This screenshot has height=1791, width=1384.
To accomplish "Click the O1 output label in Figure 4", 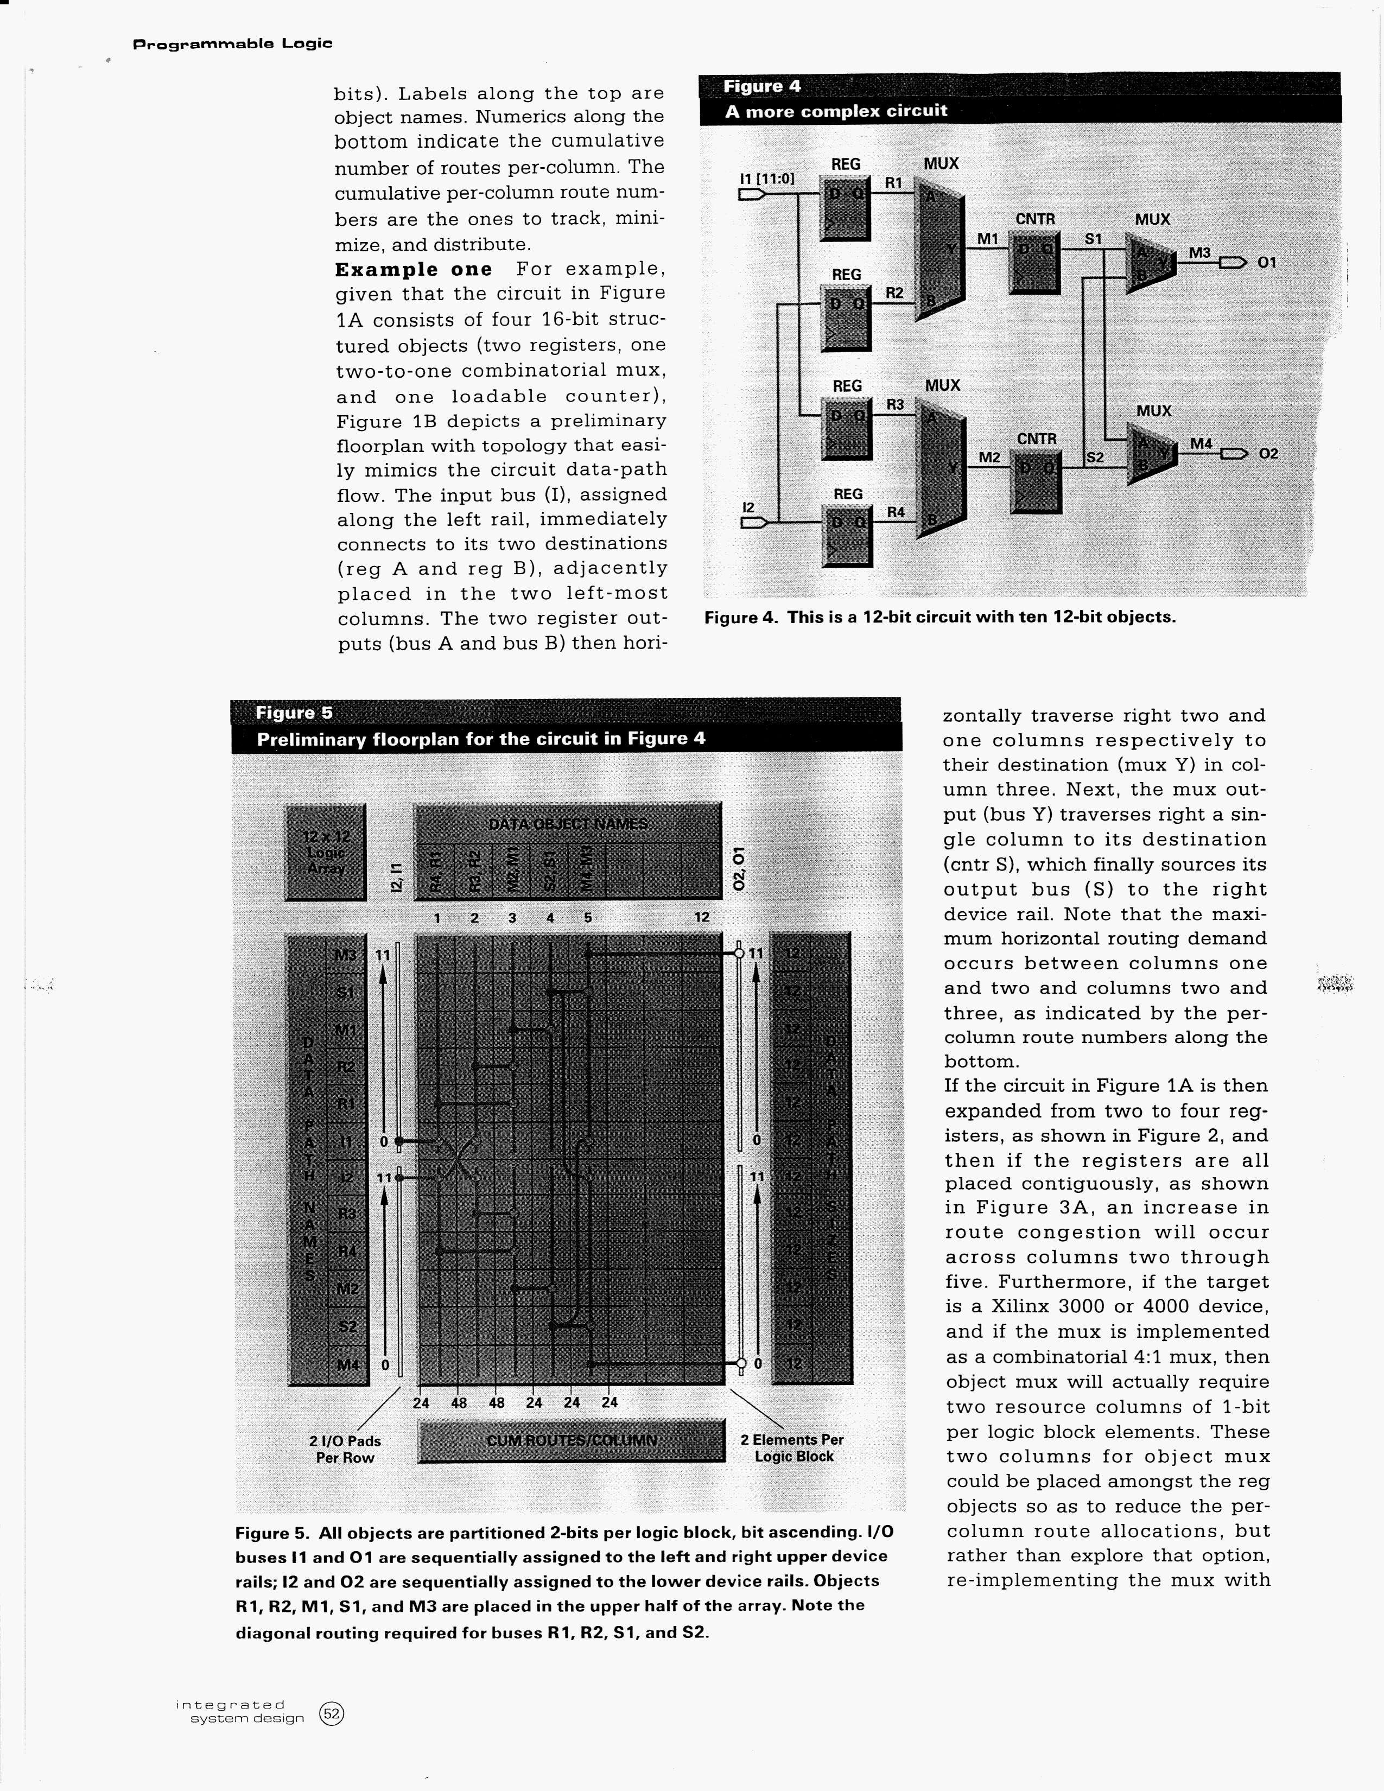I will (x=1267, y=263).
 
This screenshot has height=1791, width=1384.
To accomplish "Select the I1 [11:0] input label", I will (x=766, y=178).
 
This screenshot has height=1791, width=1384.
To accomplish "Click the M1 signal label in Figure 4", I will (x=988, y=239).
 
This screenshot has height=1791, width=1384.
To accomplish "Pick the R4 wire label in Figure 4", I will (x=896, y=512).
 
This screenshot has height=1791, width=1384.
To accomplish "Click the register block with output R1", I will (x=845, y=209).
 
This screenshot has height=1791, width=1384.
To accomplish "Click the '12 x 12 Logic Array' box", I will (x=326, y=851).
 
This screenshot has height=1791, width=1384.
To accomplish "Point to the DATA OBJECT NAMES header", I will (x=567, y=823).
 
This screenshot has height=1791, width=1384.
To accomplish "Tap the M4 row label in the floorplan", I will (x=348, y=1364).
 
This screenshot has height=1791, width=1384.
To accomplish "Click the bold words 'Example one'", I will (x=413, y=270).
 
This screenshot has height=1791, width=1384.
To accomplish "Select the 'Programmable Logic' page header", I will (x=232, y=43).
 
